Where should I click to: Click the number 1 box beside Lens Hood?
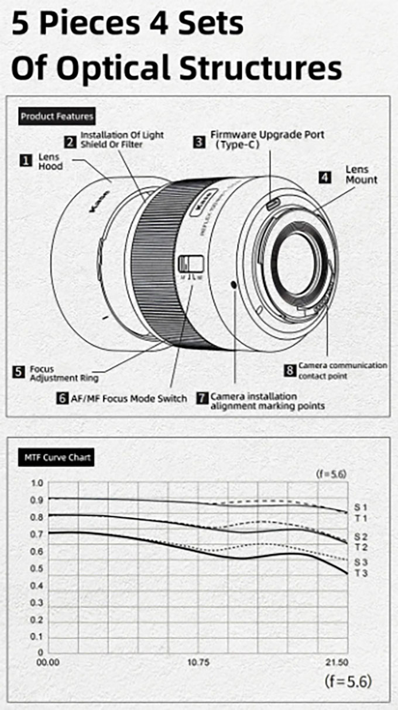click(25, 160)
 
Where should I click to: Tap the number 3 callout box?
click(199, 141)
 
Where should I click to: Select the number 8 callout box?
click(290, 370)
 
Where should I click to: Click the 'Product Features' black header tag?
click(57, 116)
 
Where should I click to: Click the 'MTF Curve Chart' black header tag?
click(57, 457)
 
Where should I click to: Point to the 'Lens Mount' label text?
click(361, 174)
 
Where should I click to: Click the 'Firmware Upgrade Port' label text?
click(267, 135)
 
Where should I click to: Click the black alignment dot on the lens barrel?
click(235, 284)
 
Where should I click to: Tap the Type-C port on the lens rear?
click(273, 203)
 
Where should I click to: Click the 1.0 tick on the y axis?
click(37, 483)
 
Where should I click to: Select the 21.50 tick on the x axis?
click(337, 663)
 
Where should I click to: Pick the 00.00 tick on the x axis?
click(48, 663)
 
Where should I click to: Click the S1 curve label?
click(361, 507)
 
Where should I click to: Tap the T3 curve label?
click(361, 573)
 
